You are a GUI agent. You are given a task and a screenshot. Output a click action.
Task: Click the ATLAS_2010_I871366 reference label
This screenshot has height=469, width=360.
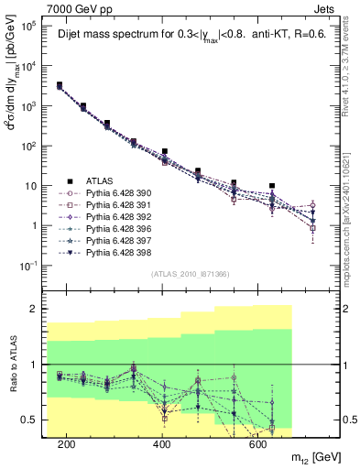tap(191, 274)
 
